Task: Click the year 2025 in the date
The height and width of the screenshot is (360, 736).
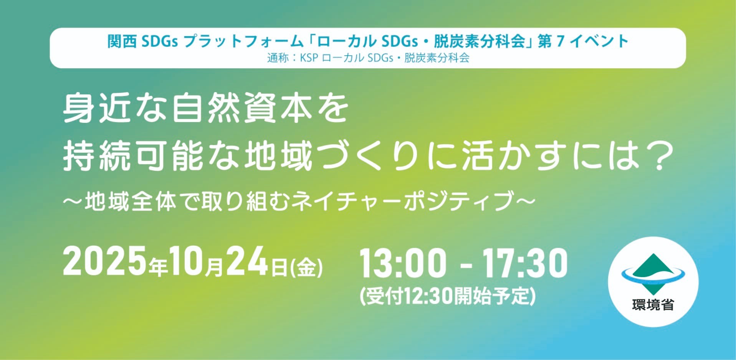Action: point(105,262)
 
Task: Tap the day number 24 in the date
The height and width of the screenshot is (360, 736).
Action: point(247,262)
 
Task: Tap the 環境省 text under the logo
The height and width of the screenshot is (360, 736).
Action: point(653,305)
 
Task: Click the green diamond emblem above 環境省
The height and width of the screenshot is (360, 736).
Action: point(653,273)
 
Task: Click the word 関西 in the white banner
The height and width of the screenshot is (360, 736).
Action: point(122,41)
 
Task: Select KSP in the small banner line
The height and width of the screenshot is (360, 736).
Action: point(309,58)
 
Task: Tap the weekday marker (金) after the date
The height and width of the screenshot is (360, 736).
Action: point(307,268)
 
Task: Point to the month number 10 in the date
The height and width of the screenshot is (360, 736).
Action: point(187,262)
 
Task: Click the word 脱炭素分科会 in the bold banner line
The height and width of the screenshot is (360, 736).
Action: point(480,41)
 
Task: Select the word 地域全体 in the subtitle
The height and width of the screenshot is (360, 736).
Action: point(131,201)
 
